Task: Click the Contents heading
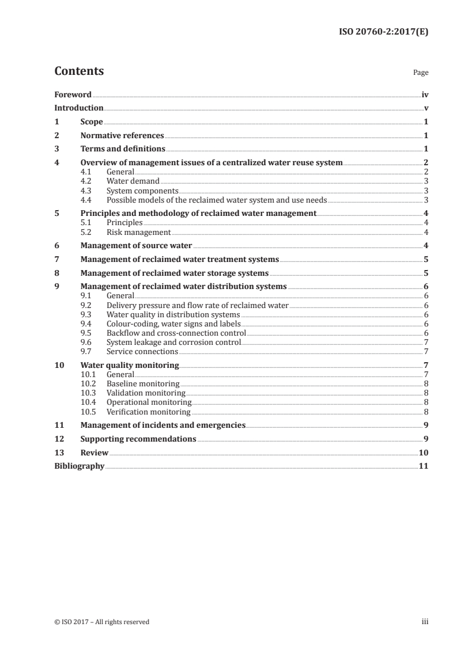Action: click(79, 71)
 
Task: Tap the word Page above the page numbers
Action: click(421, 73)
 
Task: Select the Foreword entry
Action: click(73, 94)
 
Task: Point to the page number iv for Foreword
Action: click(425, 94)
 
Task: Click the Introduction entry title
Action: click(79, 108)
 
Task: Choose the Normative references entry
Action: click(122, 135)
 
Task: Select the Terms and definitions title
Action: click(123, 149)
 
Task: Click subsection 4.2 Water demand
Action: click(133, 181)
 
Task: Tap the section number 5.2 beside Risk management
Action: click(87, 232)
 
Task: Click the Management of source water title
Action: click(136, 245)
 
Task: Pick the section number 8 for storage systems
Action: click(56, 273)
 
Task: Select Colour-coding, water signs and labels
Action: click(173, 324)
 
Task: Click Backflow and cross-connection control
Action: click(176, 333)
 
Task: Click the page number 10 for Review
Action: click(423, 453)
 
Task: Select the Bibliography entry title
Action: click(79, 466)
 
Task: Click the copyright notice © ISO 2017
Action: click(101, 621)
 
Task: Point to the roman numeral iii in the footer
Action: click(425, 621)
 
